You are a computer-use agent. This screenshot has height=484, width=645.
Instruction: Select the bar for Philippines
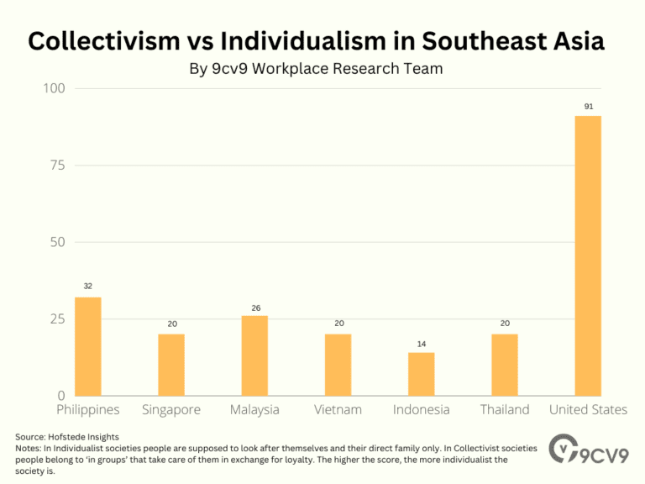[87, 346]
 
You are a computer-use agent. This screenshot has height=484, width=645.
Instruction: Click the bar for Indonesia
[421, 374]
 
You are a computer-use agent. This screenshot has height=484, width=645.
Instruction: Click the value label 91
[588, 107]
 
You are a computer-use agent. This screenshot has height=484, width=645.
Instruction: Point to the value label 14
[421, 344]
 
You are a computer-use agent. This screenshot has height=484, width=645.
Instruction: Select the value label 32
[87, 287]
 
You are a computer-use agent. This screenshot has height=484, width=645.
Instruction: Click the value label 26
[254, 308]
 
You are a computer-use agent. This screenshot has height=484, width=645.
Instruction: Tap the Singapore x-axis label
[170, 410]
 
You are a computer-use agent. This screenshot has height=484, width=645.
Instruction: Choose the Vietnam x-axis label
[338, 410]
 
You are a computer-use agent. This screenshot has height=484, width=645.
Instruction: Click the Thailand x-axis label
[505, 410]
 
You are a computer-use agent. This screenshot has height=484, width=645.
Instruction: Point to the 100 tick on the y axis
[57, 89]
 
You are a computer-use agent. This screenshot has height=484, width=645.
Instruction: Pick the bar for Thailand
[505, 365]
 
